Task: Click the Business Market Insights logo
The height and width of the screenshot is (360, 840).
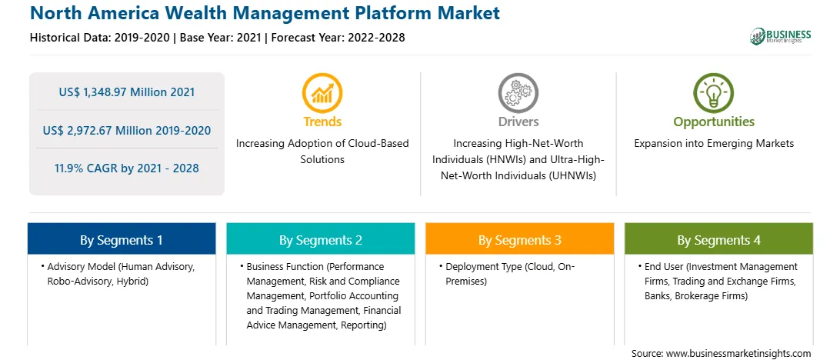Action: click(x=781, y=36)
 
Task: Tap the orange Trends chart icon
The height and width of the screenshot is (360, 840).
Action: click(x=322, y=93)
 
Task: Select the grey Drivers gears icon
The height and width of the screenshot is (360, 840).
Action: click(x=518, y=93)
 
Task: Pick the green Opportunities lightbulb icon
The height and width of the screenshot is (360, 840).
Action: click(x=714, y=93)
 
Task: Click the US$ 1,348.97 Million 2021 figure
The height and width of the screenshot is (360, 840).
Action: click(x=127, y=92)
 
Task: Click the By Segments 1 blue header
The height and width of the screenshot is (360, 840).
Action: click(x=122, y=238)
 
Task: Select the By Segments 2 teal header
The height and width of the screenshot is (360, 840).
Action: click(x=320, y=238)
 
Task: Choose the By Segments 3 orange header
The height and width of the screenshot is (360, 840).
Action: click(x=520, y=238)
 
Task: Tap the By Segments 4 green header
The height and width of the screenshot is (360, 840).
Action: click(x=719, y=238)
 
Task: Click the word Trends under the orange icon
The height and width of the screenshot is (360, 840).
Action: click(x=322, y=122)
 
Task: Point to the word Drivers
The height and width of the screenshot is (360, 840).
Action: click(x=518, y=122)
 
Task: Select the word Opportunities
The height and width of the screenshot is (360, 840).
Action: click(x=714, y=122)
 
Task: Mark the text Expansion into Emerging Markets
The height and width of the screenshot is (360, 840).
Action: click(x=714, y=144)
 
